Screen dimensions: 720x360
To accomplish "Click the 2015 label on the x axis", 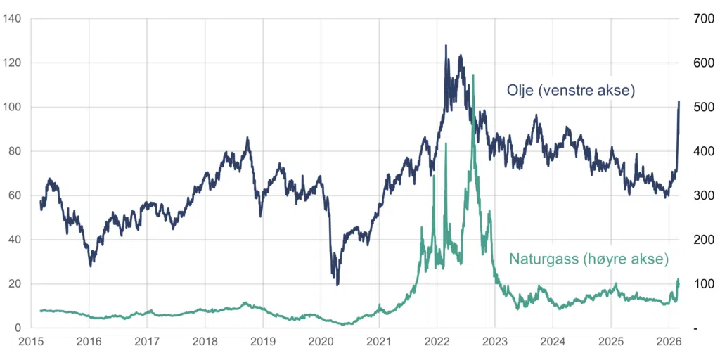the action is click(31, 342).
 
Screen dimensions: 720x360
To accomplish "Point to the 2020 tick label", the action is click(321, 342).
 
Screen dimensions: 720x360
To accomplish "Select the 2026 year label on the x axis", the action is click(669, 342).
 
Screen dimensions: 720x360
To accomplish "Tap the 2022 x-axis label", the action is click(437, 342).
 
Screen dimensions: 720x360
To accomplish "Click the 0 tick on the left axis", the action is click(18, 328).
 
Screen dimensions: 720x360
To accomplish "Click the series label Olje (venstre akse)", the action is click(571, 91).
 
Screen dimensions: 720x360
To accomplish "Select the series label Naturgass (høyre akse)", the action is click(589, 259).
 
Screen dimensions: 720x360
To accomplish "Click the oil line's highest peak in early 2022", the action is click(445, 46).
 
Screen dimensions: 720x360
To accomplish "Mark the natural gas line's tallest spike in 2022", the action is click(473, 75).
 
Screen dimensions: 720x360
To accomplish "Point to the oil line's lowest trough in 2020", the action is click(337, 285).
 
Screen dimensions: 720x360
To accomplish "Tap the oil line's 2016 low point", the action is click(91, 266).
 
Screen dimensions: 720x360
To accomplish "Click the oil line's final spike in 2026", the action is click(679, 102).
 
